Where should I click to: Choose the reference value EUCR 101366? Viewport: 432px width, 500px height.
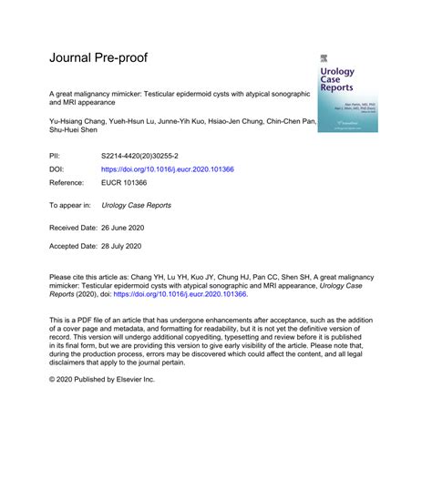pyautogui.click(x=128, y=182)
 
